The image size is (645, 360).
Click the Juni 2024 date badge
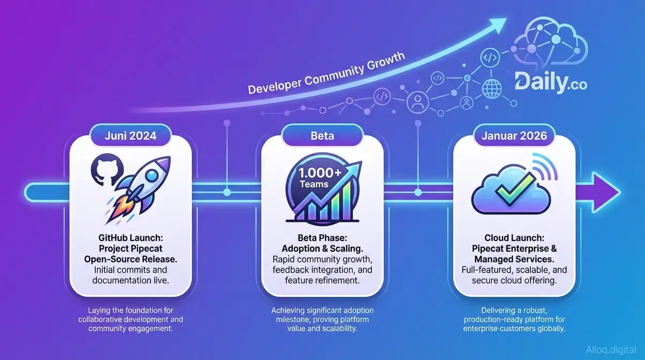click(x=131, y=136)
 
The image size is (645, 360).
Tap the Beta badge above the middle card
click(x=322, y=136)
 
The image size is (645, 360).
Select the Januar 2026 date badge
click(x=514, y=136)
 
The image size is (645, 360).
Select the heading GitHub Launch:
click(x=131, y=238)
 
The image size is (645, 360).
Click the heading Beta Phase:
click(x=322, y=238)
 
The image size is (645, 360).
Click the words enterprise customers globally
click(x=514, y=328)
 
